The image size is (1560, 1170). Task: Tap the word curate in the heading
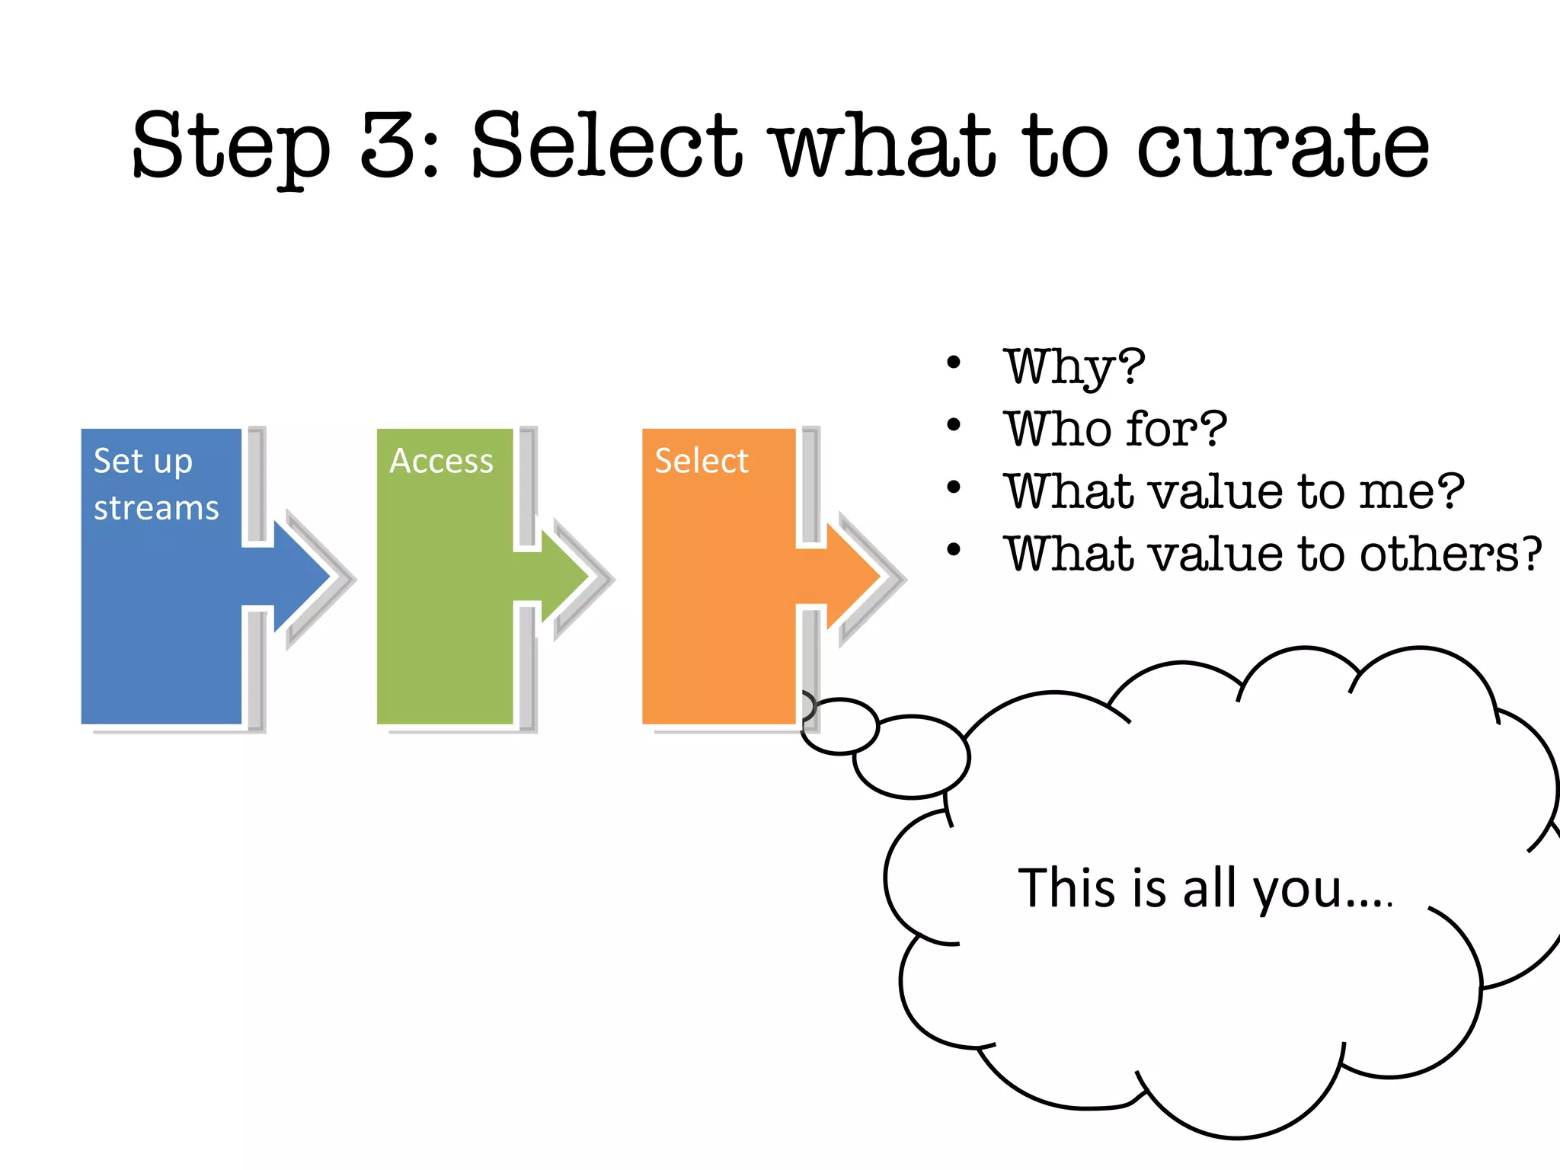1283,146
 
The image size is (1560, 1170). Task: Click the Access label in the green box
441,462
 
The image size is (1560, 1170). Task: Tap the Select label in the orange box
702,462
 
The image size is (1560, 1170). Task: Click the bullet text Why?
1074,367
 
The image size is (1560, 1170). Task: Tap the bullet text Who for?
1115,429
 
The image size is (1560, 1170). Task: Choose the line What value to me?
1233,491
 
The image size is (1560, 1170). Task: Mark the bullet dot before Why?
954,363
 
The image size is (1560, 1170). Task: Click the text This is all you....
1204,888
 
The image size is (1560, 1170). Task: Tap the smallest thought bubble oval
840,726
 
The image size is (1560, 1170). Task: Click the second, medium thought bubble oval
911,756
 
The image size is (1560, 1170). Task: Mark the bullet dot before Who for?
954,425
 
